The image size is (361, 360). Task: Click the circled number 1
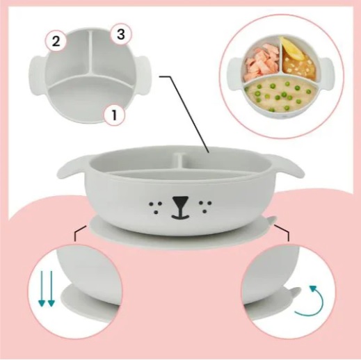click(114, 115)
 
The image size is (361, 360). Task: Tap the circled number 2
click(56, 42)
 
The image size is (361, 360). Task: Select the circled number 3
click(121, 35)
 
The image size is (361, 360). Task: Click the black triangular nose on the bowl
click(180, 202)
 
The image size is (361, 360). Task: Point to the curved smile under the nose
click(180, 217)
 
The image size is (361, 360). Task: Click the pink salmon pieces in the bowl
click(262, 60)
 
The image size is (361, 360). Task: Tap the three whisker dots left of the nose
click(156, 207)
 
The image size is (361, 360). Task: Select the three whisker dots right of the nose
click(205, 206)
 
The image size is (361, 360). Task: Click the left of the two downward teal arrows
click(42, 288)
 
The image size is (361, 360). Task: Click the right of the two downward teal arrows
click(51, 288)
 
